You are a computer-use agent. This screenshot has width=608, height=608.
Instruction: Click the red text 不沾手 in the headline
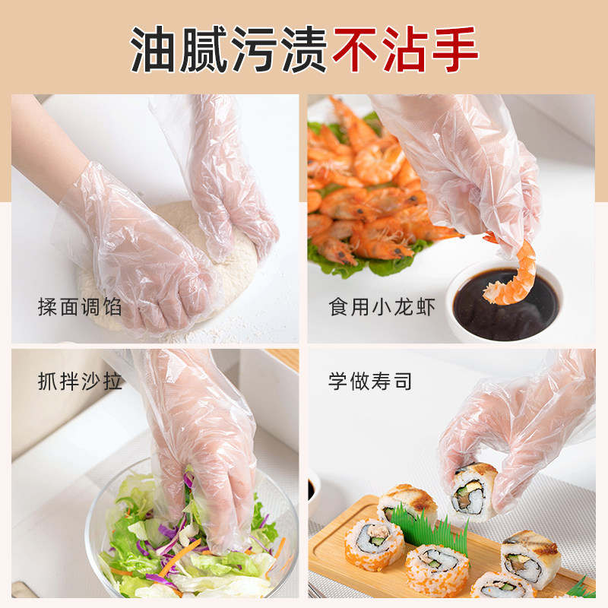pyautogui.click(x=405, y=49)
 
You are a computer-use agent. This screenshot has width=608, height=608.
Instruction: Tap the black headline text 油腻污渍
pyautogui.click(x=229, y=49)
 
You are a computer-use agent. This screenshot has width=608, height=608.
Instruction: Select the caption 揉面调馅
pyautogui.click(x=80, y=307)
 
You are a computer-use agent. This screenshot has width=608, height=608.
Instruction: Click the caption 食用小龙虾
pyautogui.click(x=382, y=307)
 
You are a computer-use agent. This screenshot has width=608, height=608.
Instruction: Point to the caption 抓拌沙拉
pyautogui.click(x=80, y=382)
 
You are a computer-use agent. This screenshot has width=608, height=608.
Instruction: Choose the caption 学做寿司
pyautogui.click(x=370, y=382)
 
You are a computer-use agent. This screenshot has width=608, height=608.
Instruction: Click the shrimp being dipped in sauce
pyautogui.click(x=511, y=273)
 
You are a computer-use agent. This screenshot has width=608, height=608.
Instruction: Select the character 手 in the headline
pyautogui.click(x=454, y=49)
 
